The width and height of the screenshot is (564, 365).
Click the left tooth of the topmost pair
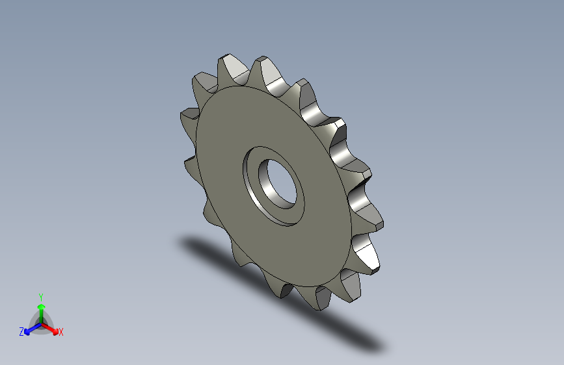point(229,66)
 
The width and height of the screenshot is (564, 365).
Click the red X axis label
point(61,332)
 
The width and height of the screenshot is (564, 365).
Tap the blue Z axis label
point(21,331)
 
